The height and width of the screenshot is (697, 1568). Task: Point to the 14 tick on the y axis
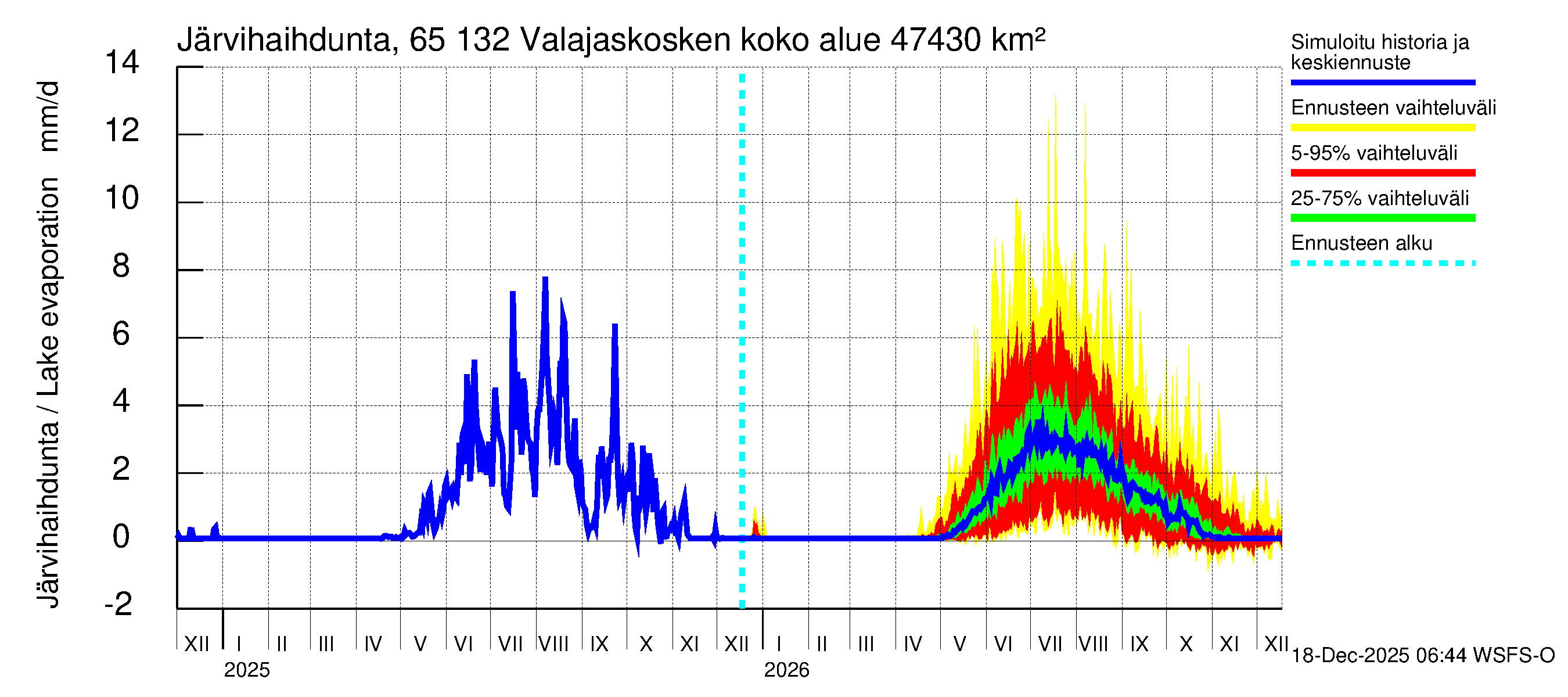(122, 63)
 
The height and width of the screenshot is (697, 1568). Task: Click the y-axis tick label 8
(121, 267)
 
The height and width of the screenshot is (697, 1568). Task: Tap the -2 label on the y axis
(118, 605)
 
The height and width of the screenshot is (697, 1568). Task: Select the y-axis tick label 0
(121, 537)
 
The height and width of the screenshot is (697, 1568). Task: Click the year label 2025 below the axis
(246, 670)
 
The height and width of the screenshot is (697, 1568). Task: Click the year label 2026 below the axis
(786, 670)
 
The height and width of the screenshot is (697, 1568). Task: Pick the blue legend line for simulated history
(1382, 82)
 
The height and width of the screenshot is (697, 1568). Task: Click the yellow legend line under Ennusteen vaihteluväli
(1382, 128)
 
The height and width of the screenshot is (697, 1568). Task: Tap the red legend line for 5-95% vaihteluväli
(1382, 173)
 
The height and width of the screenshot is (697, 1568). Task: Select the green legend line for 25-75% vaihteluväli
(1382, 218)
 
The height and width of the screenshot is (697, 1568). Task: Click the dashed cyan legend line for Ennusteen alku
(1382, 264)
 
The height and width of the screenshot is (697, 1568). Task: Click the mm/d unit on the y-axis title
(49, 116)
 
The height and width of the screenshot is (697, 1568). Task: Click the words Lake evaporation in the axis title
(49, 286)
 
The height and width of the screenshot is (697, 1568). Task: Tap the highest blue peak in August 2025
(545, 279)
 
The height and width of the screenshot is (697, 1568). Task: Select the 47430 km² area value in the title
(968, 40)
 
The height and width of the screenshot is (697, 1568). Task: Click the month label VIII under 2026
(1093, 644)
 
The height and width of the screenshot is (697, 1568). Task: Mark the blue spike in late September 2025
(615, 326)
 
